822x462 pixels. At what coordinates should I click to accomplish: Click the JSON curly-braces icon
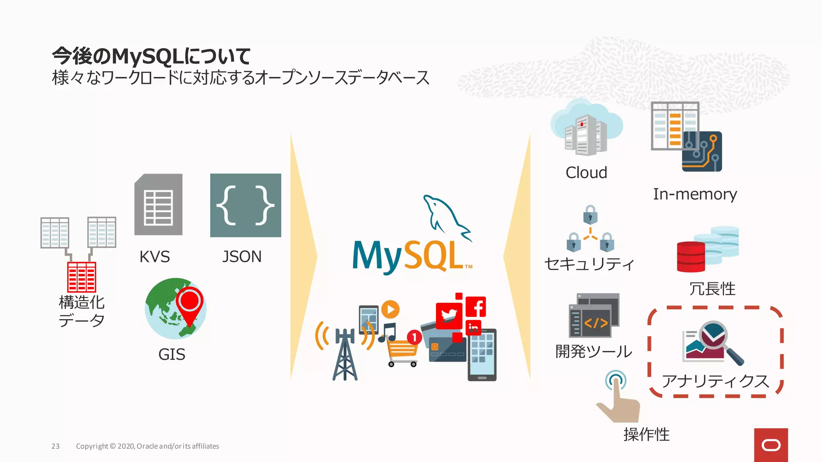point(245,205)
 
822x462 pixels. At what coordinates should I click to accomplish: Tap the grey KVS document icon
point(159,205)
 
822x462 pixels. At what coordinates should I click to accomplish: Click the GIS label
point(172,355)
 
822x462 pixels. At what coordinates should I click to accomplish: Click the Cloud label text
point(586,173)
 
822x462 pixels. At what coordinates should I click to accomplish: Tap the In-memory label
point(695,195)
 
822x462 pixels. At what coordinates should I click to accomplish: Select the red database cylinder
point(691,257)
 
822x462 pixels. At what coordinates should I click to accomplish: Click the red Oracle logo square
point(771,445)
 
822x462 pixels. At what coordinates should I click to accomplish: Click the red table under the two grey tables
point(81,277)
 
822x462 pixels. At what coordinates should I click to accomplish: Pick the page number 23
point(55,446)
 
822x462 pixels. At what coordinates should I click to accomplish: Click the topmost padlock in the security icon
point(590,214)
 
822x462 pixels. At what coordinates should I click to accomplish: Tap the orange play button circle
point(390,309)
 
